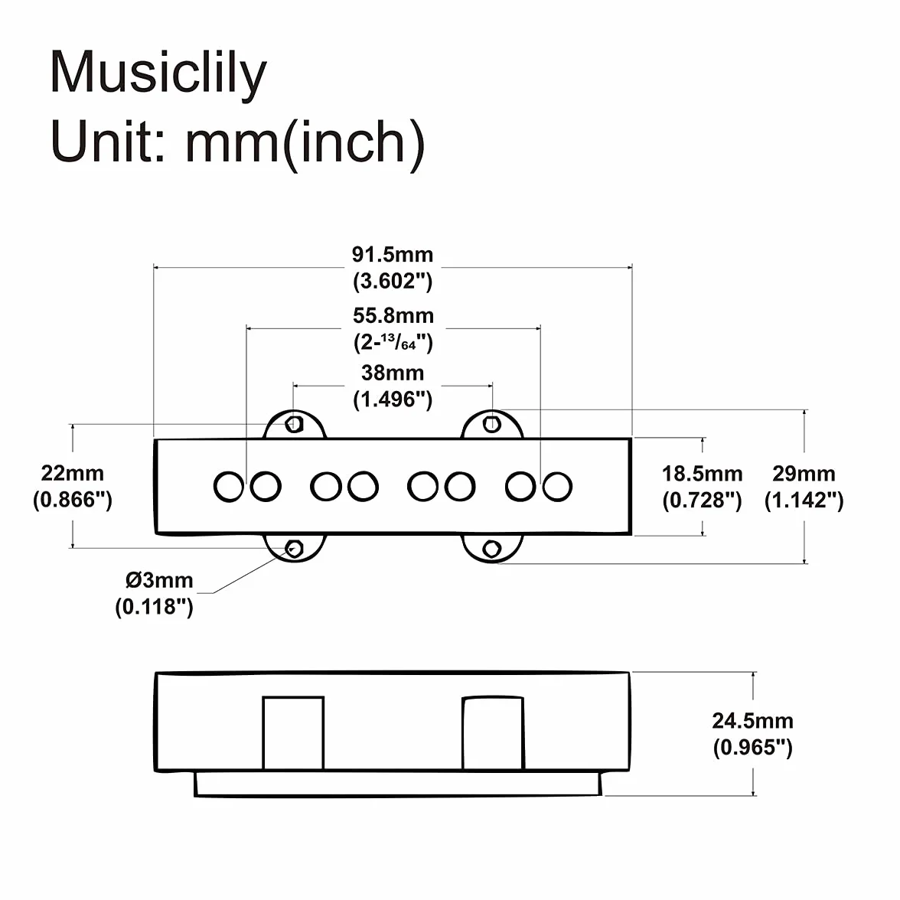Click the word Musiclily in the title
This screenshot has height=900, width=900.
158,73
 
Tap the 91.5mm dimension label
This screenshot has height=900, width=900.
393,254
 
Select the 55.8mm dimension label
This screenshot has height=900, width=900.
393,315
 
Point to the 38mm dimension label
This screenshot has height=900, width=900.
393,373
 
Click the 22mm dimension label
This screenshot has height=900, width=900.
72,474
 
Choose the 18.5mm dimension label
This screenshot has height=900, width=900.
702,474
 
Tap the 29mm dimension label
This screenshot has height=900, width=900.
804,474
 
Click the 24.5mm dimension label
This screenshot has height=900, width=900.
752,721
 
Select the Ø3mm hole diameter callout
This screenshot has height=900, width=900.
159,580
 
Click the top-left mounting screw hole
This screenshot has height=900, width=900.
295,424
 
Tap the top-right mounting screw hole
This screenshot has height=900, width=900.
492,424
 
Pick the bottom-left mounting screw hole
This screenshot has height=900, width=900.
295,549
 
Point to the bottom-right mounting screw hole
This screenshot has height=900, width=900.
492,549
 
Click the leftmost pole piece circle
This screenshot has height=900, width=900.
228,487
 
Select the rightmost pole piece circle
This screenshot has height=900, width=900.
557,487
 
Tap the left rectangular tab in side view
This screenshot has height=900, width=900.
293,733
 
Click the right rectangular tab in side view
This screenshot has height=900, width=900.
493,733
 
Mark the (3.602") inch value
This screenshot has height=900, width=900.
393,282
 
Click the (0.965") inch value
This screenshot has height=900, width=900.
752,747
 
